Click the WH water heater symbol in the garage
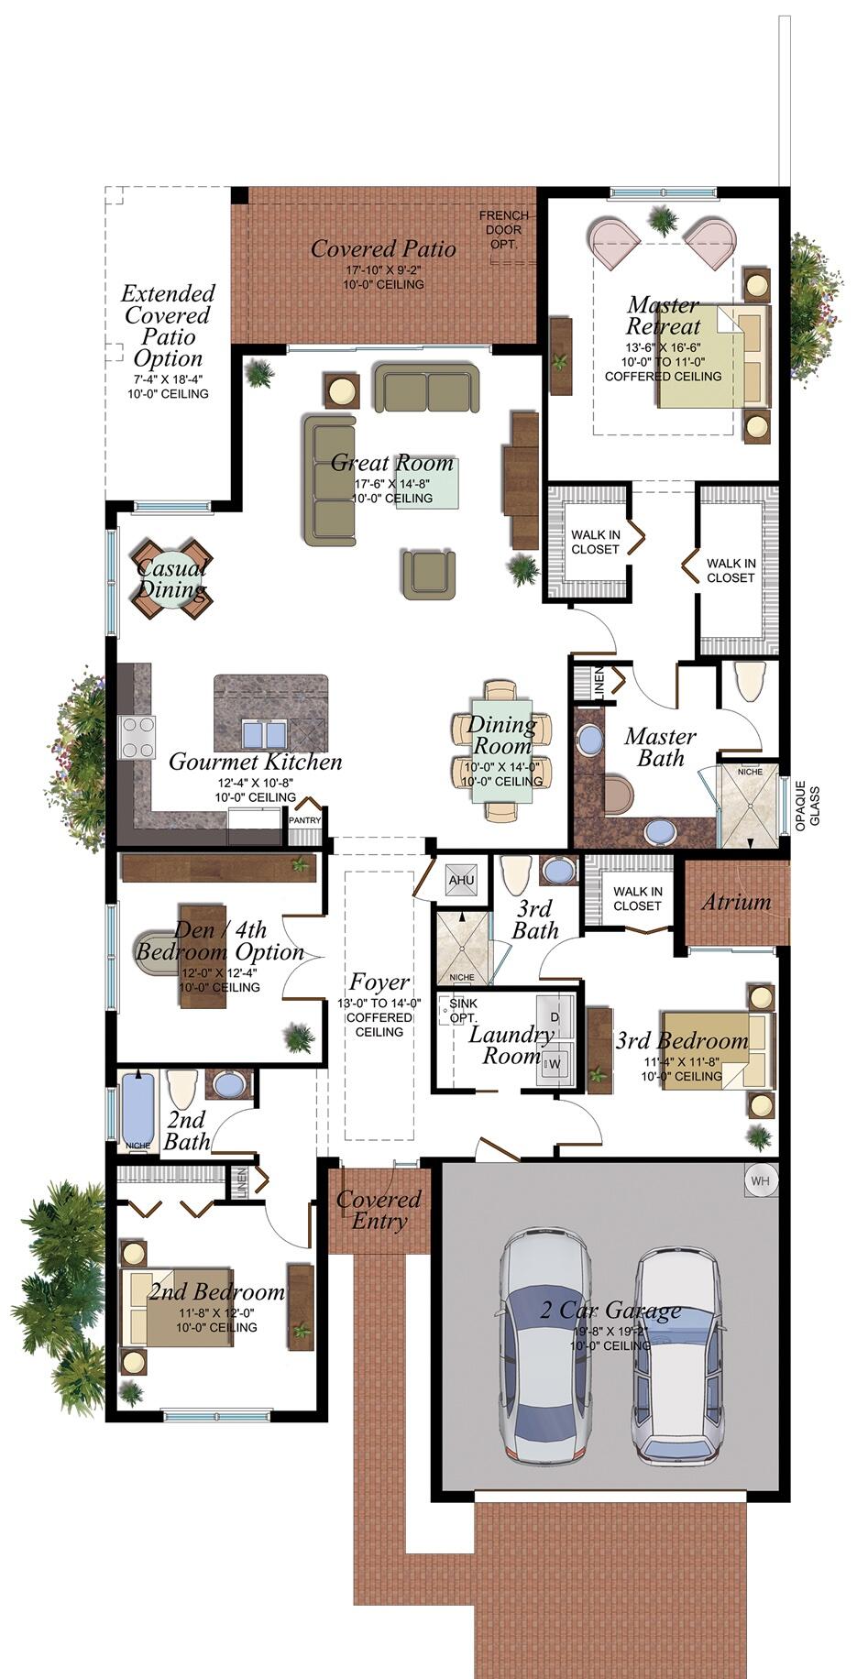tap(760, 1180)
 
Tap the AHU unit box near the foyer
tap(461, 881)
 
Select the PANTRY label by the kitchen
tap(305, 820)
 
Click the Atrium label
tap(736, 902)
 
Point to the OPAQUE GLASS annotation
tap(807, 804)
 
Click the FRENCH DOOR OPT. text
tap(503, 230)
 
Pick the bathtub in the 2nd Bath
tap(138, 1110)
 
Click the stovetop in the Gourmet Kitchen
tap(138, 737)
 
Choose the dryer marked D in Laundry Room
tap(555, 1017)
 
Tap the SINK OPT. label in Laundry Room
tap(463, 1011)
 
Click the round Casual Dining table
tap(171, 578)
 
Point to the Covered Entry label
tap(379, 1210)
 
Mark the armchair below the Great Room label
tap(428, 574)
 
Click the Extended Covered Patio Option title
tap(168, 325)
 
